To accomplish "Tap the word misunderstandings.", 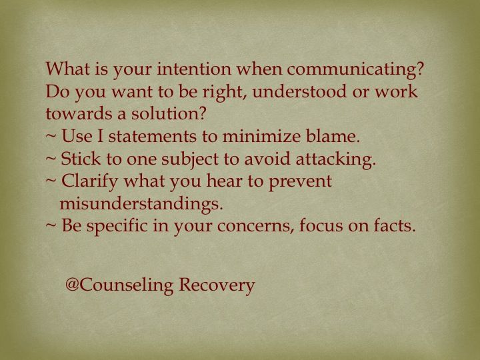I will coord(141,203).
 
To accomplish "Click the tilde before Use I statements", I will coord(51,137).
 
